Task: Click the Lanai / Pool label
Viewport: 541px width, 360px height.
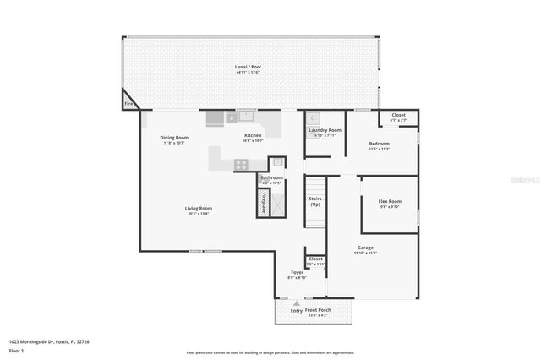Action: [x=247, y=67]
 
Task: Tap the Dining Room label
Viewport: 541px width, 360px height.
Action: [x=174, y=138]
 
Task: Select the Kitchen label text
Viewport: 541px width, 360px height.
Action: [x=253, y=135]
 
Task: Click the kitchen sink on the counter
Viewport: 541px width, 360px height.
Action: [x=246, y=117]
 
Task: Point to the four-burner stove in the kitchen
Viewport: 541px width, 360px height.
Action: [x=241, y=165]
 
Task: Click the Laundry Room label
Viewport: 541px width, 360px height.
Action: [x=325, y=130]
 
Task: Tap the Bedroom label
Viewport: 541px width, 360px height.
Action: [x=379, y=144]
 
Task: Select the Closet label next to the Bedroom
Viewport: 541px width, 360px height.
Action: [x=398, y=115]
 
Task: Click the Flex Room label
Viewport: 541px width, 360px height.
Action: [x=390, y=201]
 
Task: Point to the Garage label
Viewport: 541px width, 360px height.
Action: [x=365, y=248]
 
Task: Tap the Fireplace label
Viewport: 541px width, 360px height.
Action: [x=264, y=204]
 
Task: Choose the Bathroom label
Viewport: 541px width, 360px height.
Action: [x=271, y=177]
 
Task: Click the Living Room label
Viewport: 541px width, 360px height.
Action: [x=199, y=208]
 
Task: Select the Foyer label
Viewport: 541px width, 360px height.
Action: [x=297, y=272]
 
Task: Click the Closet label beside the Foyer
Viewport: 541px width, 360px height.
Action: [x=315, y=259]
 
